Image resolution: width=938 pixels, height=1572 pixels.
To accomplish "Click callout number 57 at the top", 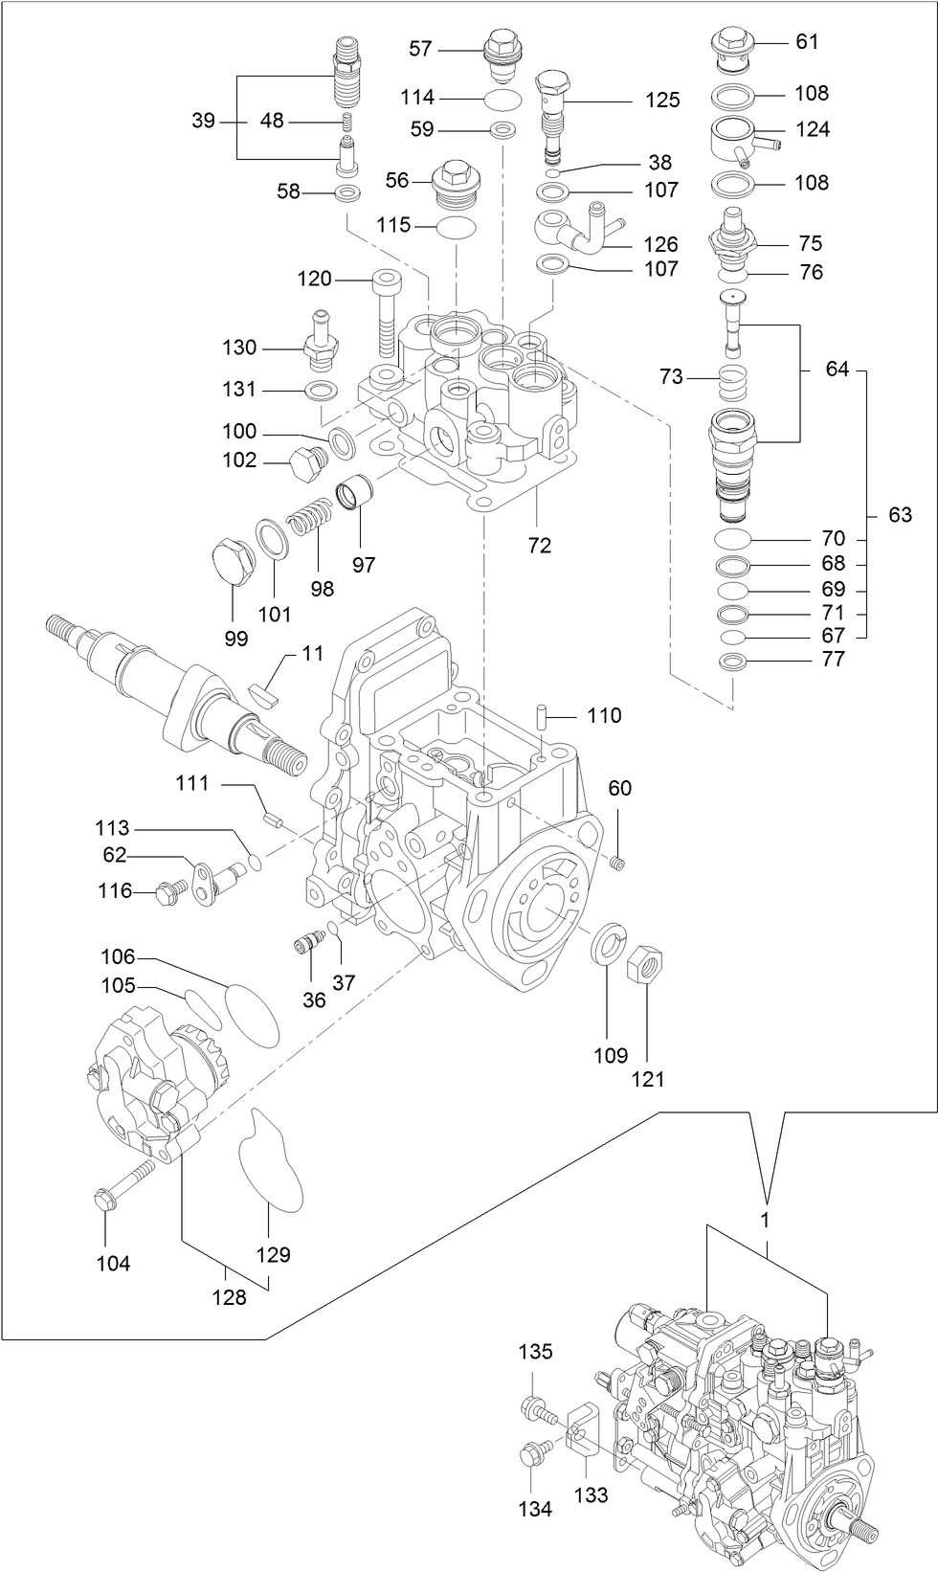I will tap(421, 48).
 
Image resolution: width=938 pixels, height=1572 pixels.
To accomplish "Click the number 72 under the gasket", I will tap(540, 545).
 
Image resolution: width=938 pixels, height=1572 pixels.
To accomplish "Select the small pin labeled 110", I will tap(543, 715).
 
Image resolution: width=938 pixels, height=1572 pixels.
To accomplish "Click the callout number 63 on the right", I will tap(900, 515).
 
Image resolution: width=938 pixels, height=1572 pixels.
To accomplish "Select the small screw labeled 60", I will tap(617, 865).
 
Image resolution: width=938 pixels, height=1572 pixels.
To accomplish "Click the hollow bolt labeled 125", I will tap(553, 113).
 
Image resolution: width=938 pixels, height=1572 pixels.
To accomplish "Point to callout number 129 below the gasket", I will tap(273, 1254).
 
